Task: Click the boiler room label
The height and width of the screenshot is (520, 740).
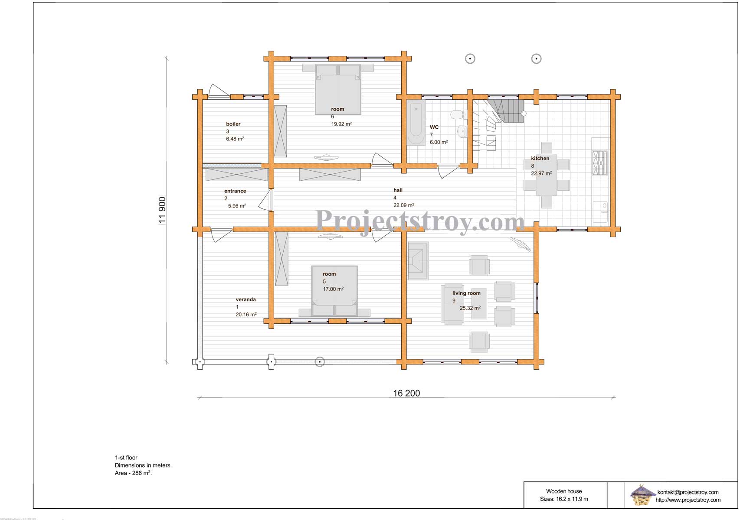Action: point(233,124)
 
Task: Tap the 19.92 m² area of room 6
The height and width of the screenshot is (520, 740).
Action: point(342,124)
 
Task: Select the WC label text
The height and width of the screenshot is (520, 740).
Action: point(434,127)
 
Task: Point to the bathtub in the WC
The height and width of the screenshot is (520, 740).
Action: point(416,123)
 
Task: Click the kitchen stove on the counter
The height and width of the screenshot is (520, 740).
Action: point(600,162)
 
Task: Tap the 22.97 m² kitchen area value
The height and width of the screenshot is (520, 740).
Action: point(541,173)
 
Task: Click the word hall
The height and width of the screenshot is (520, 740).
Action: point(398,190)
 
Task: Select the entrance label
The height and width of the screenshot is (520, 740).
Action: point(235,191)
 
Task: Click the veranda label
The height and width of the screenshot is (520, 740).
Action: point(246,299)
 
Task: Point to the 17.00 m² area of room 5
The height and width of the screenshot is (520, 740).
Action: point(333,289)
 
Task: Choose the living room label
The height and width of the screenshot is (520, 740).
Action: point(466,293)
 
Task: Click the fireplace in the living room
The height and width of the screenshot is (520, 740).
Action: point(418,261)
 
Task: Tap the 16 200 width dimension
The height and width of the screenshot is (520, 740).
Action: point(406,393)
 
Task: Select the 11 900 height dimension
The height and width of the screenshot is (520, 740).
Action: point(162,211)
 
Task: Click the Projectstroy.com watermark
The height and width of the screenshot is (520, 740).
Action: point(420,221)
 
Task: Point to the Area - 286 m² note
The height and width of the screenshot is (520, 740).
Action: point(133,473)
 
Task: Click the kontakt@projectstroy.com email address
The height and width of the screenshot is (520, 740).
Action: point(688,492)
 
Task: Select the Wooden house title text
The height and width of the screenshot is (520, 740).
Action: point(564,491)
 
